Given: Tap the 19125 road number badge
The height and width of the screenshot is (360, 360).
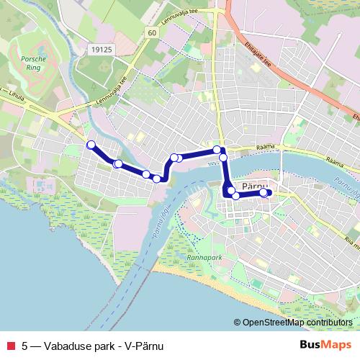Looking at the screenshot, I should (102, 50).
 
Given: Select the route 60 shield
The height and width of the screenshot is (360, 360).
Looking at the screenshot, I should (150, 33).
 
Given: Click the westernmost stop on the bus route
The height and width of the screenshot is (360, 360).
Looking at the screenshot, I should (91, 145).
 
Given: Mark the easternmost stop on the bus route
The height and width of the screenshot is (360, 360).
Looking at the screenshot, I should (264, 192).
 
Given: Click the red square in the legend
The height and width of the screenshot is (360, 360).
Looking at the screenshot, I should (9, 344).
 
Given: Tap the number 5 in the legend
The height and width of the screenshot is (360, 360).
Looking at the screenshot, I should (25, 344).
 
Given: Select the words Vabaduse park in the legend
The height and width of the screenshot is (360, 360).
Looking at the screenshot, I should (80, 344).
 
